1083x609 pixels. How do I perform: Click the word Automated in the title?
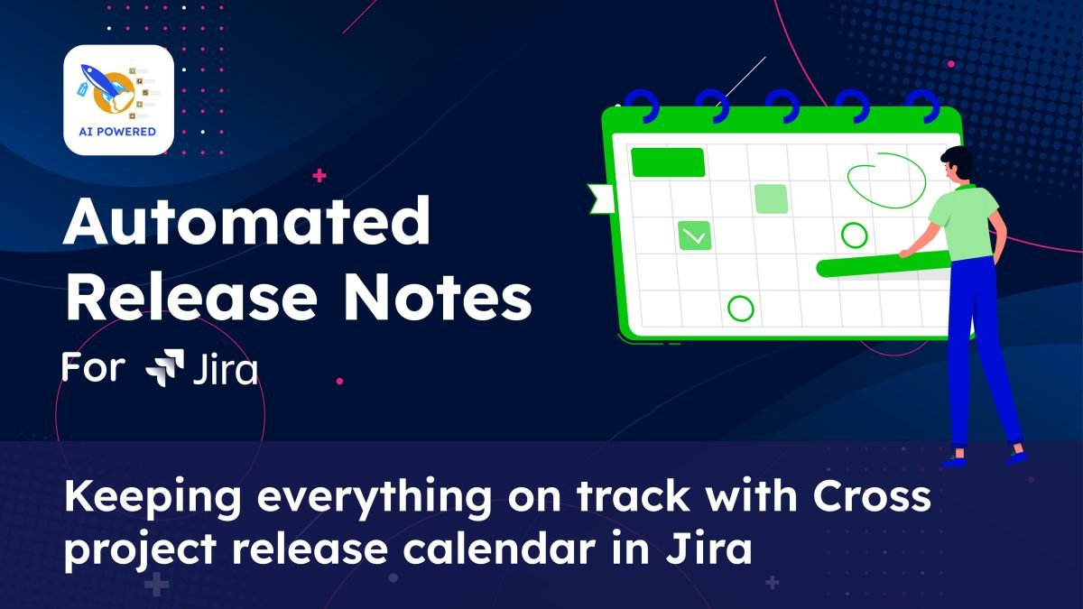246,221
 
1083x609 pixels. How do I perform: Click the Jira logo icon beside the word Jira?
165,367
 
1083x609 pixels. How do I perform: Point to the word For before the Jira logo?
93,367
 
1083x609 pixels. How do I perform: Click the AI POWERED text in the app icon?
117,132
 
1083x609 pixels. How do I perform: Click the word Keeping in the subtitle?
153,498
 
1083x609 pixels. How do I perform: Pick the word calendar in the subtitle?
499,549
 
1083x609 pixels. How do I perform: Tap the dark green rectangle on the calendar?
668,162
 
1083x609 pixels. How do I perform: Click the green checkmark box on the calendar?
695,235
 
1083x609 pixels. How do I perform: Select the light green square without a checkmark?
771,198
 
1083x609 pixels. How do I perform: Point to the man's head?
956,163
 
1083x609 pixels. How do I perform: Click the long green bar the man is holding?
883,265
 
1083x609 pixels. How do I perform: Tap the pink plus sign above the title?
319,175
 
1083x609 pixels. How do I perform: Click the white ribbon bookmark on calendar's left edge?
601,198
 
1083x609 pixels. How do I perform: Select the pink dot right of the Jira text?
340,382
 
